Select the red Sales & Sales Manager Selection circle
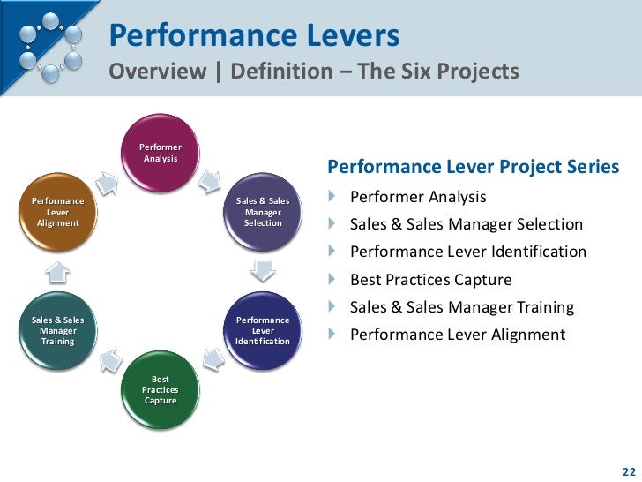pyautogui.click(x=263, y=212)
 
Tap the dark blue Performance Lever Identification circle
pyautogui.click(x=263, y=330)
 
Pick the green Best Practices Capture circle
pyautogui.click(x=160, y=389)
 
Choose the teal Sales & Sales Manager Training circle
pyautogui.click(x=57, y=330)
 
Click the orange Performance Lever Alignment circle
pyautogui.click(x=57, y=212)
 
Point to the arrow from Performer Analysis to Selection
pyautogui.click(x=210, y=181)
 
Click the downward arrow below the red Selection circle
pyautogui.click(x=263, y=269)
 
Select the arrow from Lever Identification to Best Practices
pyautogui.click(x=214, y=357)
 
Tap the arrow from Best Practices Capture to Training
pyautogui.click(x=108, y=358)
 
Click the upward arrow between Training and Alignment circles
pyautogui.click(x=55, y=268)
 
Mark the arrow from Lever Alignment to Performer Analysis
pyautogui.click(x=106, y=182)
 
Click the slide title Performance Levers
pyautogui.click(x=255, y=37)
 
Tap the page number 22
pyautogui.click(x=627, y=469)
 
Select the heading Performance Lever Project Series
pyautogui.click(x=473, y=168)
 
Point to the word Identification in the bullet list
pyautogui.click(x=540, y=252)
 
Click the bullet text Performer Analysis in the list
pyautogui.click(x=417, y=196)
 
